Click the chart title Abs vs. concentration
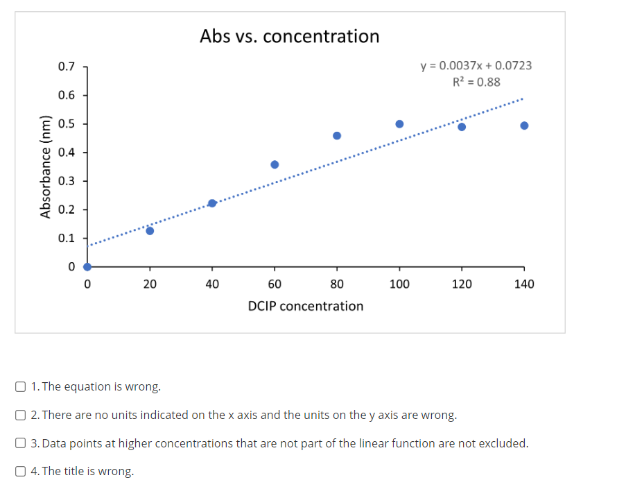[x=289, y=36]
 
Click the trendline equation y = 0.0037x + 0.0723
[x=476, y=65]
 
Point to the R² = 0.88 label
[x=476, y=82]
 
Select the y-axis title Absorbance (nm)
[x=46, y=166]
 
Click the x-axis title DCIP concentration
[x=305, y=306]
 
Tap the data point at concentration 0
[x=87, y=266]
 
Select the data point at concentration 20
[x=150, y=230]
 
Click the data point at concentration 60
[x=275, y=164]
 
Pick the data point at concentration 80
[x=337, y=135]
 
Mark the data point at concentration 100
[x=399, y=124]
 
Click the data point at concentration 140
[x=524, y=126]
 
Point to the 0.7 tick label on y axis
[x=67, y=67]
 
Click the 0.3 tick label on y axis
[x=67, y=181]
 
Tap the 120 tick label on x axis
[x=462, y=284]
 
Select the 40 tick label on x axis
[x=212, y=284]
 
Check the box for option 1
[x=21, y=386]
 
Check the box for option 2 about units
[x=21, y=415]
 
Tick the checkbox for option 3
[x=21, y=443]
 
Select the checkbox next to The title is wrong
[x=21, y=471]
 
